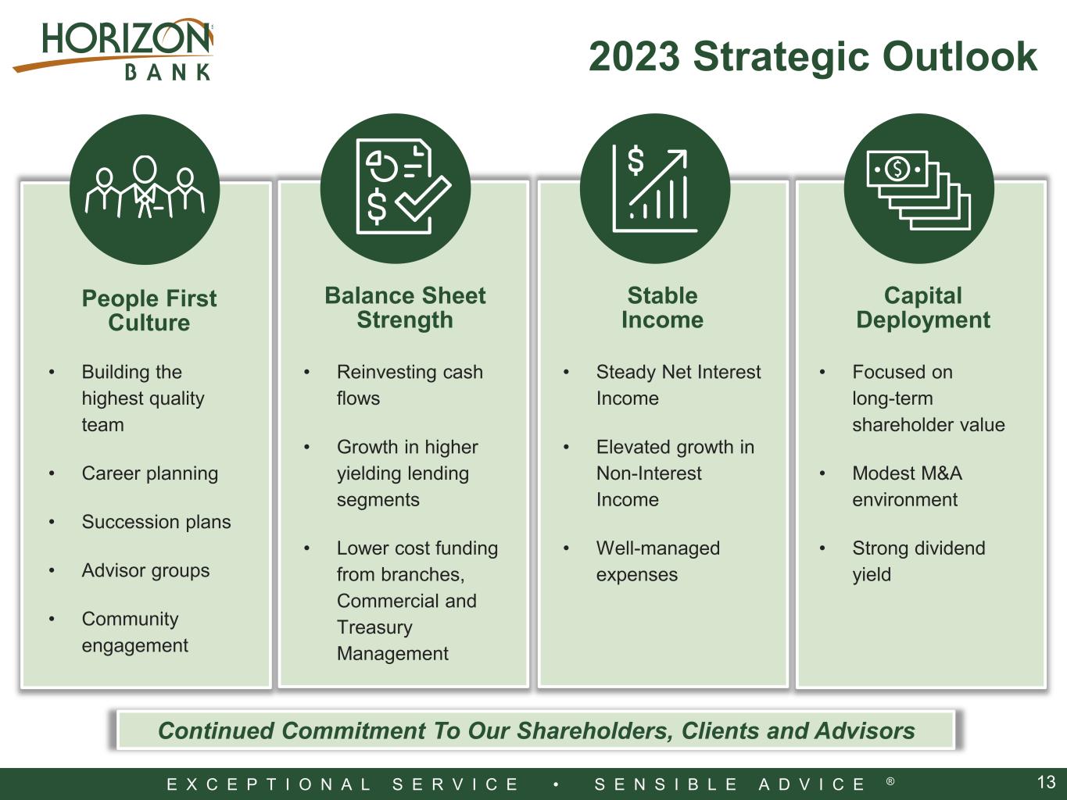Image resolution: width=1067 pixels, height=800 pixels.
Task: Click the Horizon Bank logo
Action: pyautogui.click(x=113, y=49)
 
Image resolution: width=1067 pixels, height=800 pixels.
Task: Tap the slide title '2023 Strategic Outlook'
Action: pyautogui.click(x=813, y=56)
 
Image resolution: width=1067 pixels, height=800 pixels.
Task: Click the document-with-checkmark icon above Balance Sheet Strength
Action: pyautogui.click(x=403, y=187)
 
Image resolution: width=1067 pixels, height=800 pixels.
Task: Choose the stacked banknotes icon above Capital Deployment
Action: pyautogui.click(x=918, y=190)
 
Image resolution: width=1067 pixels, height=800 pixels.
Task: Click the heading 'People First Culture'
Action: pyautogui.click(x=149, y=310)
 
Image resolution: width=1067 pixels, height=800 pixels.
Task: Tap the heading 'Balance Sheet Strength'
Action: pyautogui.click(x=405, y=308)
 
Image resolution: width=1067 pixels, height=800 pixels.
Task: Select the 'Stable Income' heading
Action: pyautogui.click(x=662, y=308)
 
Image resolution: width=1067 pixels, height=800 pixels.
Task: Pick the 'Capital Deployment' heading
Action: pyautogui.click(x=922, y=308)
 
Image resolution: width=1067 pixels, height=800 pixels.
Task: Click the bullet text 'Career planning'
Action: pyautogui.click(x=150, y=473)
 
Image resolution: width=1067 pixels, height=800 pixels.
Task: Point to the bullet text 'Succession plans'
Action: pyautogui.click(x=156, y=522)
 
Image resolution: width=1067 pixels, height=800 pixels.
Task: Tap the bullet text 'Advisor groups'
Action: pyautogui.click(x=145, y=570)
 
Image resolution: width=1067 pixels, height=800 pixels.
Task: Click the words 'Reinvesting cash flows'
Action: pyautogui.click(x=410, y=385)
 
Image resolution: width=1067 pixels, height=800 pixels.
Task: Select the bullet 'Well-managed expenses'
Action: pyautogui.click(x=658, y=561)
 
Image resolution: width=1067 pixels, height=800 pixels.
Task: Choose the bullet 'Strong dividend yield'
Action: pyautogui.click(x=918, y=561)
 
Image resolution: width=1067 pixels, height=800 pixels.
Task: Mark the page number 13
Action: pyautogui.click(x=1046, y=782)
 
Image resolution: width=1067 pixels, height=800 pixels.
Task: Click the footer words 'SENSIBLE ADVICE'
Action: pyautogui.click(x=729, y=784)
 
